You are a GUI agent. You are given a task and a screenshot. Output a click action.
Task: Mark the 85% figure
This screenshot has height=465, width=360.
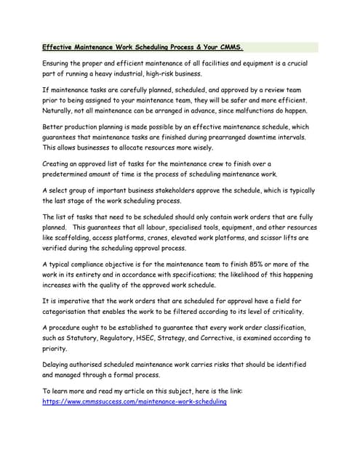(260, 264)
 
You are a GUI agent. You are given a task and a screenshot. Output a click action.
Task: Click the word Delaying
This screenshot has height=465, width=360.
(60, 365)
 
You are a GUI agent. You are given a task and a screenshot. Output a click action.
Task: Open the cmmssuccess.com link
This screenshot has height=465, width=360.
(135, 402)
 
